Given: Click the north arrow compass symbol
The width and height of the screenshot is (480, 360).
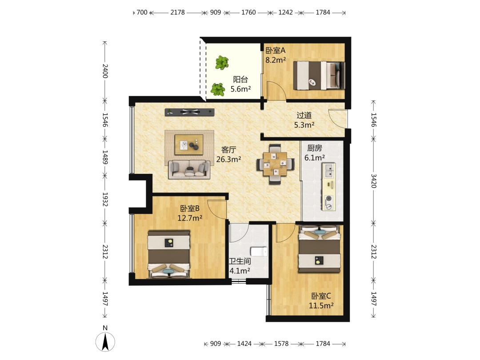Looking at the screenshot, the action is [105, 341].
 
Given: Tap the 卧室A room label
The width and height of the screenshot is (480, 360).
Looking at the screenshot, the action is [275, 50].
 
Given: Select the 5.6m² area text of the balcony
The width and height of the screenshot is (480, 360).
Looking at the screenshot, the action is [240, 89].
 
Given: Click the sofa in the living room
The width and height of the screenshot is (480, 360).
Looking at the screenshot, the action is [189, 169].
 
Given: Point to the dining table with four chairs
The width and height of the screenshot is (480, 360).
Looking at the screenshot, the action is [276, 164].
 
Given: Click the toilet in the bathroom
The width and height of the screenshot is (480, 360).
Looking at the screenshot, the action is [259, 252].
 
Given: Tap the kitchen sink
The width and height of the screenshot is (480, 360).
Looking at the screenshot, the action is [329, 171].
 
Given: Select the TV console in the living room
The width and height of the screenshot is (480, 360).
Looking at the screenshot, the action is [189, 112].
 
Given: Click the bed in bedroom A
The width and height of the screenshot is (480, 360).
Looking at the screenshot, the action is [319, 75].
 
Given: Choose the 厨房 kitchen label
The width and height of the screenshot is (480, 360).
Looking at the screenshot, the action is [314, 148].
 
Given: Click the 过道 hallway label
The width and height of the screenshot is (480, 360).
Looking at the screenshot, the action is [304, 116].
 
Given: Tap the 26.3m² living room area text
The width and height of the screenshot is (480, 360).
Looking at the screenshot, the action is [228, 159].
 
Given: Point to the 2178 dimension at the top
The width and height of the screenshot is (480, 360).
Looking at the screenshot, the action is [177, 12].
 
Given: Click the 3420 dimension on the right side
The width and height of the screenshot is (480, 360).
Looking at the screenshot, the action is [373, 181].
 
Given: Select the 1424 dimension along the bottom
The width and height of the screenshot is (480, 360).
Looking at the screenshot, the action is [244, 344].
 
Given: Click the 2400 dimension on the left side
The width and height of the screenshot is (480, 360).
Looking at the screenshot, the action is [105, 71].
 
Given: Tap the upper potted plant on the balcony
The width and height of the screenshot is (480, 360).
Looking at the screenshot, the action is [222, 63].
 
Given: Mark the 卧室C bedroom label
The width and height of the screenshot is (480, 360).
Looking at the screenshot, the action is [321, 296].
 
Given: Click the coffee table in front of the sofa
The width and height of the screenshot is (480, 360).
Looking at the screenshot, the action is [189, 144].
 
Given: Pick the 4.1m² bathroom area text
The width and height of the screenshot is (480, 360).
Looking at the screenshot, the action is [240, 271].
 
